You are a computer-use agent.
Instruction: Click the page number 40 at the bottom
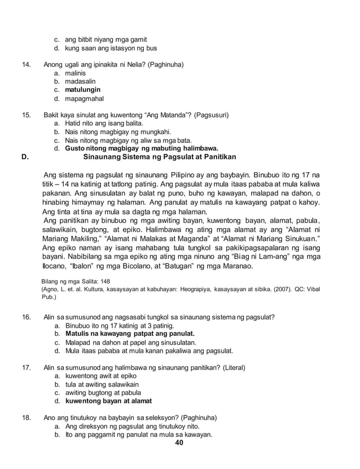tap(179, 442)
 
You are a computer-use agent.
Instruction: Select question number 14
tap(25, 64)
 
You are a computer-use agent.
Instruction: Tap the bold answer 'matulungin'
tap(83, 89)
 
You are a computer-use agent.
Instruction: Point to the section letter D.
tap(24, 156)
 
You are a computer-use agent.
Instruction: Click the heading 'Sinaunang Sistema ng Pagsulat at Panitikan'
tap(160, 156)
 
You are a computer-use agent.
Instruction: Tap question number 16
tap(25, 318)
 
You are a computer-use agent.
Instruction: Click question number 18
tap(25, 418)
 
